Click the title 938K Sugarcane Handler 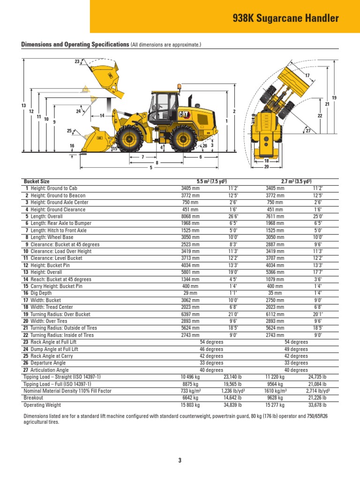tap(285, 19)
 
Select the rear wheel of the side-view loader tap(183, 139)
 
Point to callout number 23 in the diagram tap(77, 62)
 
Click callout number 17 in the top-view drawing tap(307, 75)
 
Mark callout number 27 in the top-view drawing tap(308, 131)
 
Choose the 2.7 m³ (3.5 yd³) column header tap(296, 181)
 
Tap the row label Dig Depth tap(41, 293)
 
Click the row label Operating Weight tap(42, 405)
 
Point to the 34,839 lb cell tap(232, 405)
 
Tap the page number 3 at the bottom tap(180, 460)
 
